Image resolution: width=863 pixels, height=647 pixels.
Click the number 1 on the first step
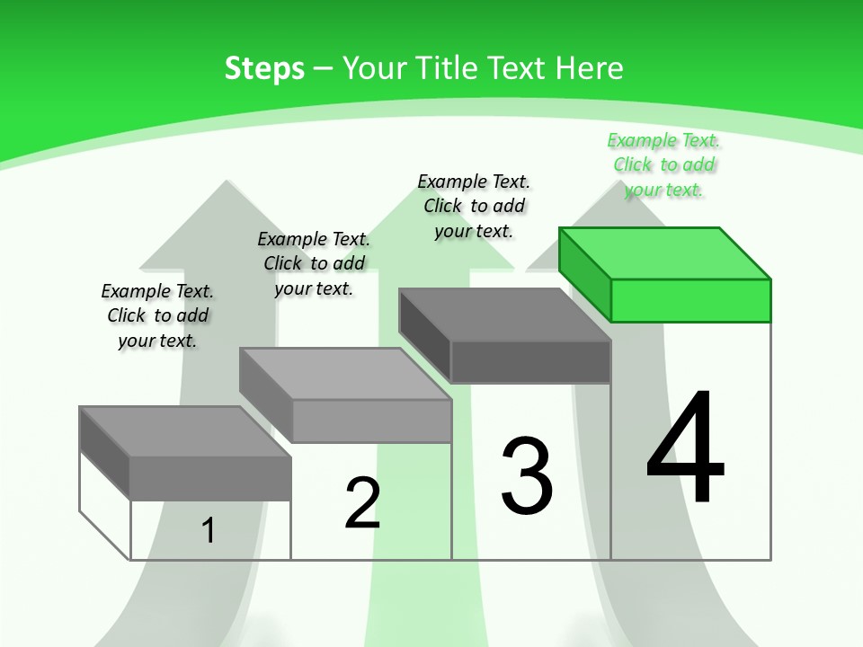[x=209, y=530]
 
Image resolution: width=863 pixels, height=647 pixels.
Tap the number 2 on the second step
[x=362, y=503]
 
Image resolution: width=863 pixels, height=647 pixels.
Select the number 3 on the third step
[x=527, y=475]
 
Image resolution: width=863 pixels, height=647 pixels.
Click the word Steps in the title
[x=264, y=68]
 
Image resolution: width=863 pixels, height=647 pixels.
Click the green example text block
[x=663, y=165]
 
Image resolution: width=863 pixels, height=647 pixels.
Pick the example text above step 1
[x=157, y=316]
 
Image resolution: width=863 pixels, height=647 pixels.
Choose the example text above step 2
[x=314, y=263]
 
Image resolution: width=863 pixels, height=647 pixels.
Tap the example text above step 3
[x=474, y=206]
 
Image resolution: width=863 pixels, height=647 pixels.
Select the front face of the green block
[x=690, y=300]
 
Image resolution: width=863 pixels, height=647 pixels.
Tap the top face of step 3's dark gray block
[x=503, y=315]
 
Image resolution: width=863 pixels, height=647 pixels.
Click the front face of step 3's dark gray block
[x=530, y=362]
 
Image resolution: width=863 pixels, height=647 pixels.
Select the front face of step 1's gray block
[x=210, y=478]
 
